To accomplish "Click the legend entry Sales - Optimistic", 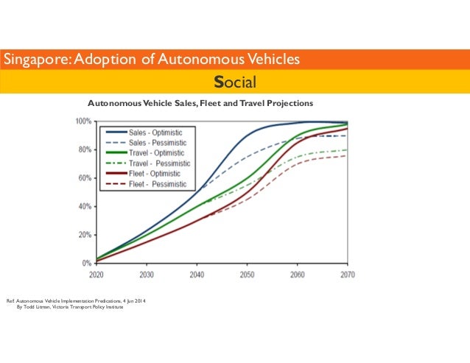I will [155, 132].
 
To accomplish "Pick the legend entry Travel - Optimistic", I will [157, 152].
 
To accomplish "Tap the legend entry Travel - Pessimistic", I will [159, 163].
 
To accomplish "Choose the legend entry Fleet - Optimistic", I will [155, 173].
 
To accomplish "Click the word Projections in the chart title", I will [290, 103].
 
